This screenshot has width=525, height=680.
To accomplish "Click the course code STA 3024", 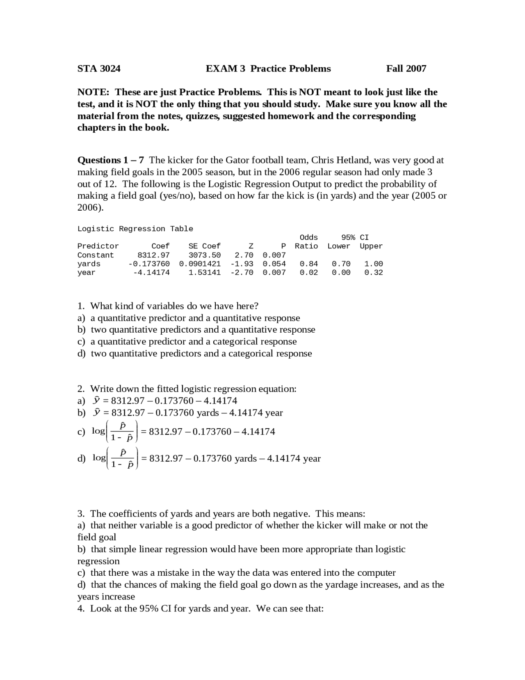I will [x=99, y=69].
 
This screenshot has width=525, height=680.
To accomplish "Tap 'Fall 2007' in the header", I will [x=406, y=69].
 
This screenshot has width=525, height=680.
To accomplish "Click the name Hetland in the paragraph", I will [x=354, y=160].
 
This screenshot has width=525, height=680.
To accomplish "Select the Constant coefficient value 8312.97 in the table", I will [x=153, y=255].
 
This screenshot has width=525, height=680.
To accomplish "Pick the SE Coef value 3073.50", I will [x=204, y=255].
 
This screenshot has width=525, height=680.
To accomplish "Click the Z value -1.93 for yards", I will [x=242, y=264].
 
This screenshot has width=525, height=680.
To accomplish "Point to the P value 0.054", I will [x=274, y=264].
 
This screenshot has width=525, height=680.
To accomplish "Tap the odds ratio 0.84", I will [x=308, y=264].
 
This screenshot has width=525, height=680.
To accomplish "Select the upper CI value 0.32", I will [x=373, y=272].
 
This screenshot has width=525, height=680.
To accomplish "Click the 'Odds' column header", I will [x=308, y=237].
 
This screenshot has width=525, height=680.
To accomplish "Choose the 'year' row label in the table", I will [x=86, y=272].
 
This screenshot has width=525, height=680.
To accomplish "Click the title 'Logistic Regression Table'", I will [x=135, y=229].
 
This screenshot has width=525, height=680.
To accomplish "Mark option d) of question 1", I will [x=81, y=354].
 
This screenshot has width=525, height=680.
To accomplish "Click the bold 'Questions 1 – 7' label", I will [x=110, y=160].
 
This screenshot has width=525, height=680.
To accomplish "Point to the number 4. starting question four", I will [x=81, y=609].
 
